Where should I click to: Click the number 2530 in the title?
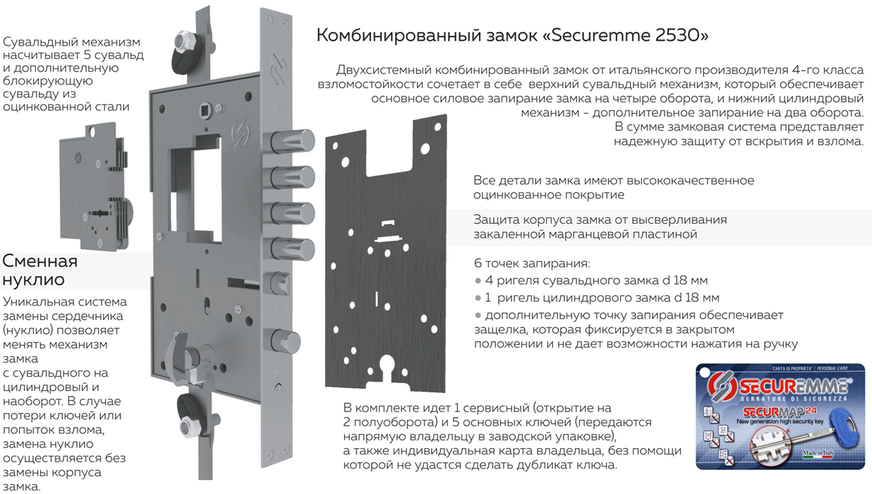(679, 35)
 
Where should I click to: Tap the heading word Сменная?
(40, 261)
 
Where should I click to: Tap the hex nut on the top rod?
(181, 40)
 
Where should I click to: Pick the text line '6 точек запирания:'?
(532, 263)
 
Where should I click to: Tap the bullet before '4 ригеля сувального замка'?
(478, 281)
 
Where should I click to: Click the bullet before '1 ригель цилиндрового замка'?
(478, 299)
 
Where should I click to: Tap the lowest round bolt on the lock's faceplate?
(286, 341)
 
